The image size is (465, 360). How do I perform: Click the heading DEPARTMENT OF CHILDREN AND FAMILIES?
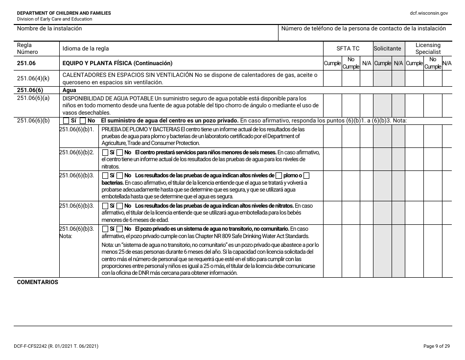[x=64, y=13]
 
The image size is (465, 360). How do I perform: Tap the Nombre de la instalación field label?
[x=49, y=28]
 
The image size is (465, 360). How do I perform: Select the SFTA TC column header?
[x=348, y=48]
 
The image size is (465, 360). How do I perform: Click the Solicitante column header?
[x=387, y=48]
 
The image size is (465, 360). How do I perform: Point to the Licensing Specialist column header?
[x=428, y=48]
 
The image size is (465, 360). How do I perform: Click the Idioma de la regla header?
[x=86, y=48]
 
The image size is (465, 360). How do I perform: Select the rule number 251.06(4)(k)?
[x=33, y=78]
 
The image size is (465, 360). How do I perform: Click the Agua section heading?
[x=70, y=90]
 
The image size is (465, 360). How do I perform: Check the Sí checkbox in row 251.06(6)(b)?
[x=66, y=120]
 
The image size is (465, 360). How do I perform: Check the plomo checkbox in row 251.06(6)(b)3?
[x=279, y=175]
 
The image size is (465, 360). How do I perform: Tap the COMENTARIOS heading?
[x=38, y=283]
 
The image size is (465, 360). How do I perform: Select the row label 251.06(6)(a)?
[x=33, y=98]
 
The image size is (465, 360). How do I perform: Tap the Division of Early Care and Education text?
[x=54, y=19]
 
